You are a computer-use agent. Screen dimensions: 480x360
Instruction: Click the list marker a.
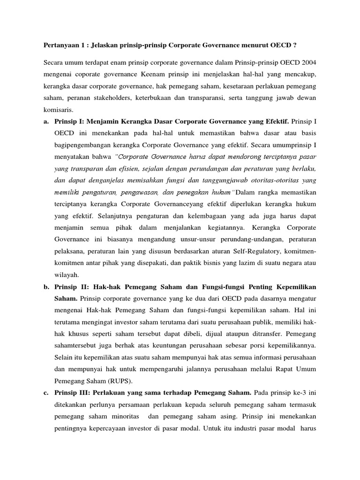pyautogui.click(x=46, y=123)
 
